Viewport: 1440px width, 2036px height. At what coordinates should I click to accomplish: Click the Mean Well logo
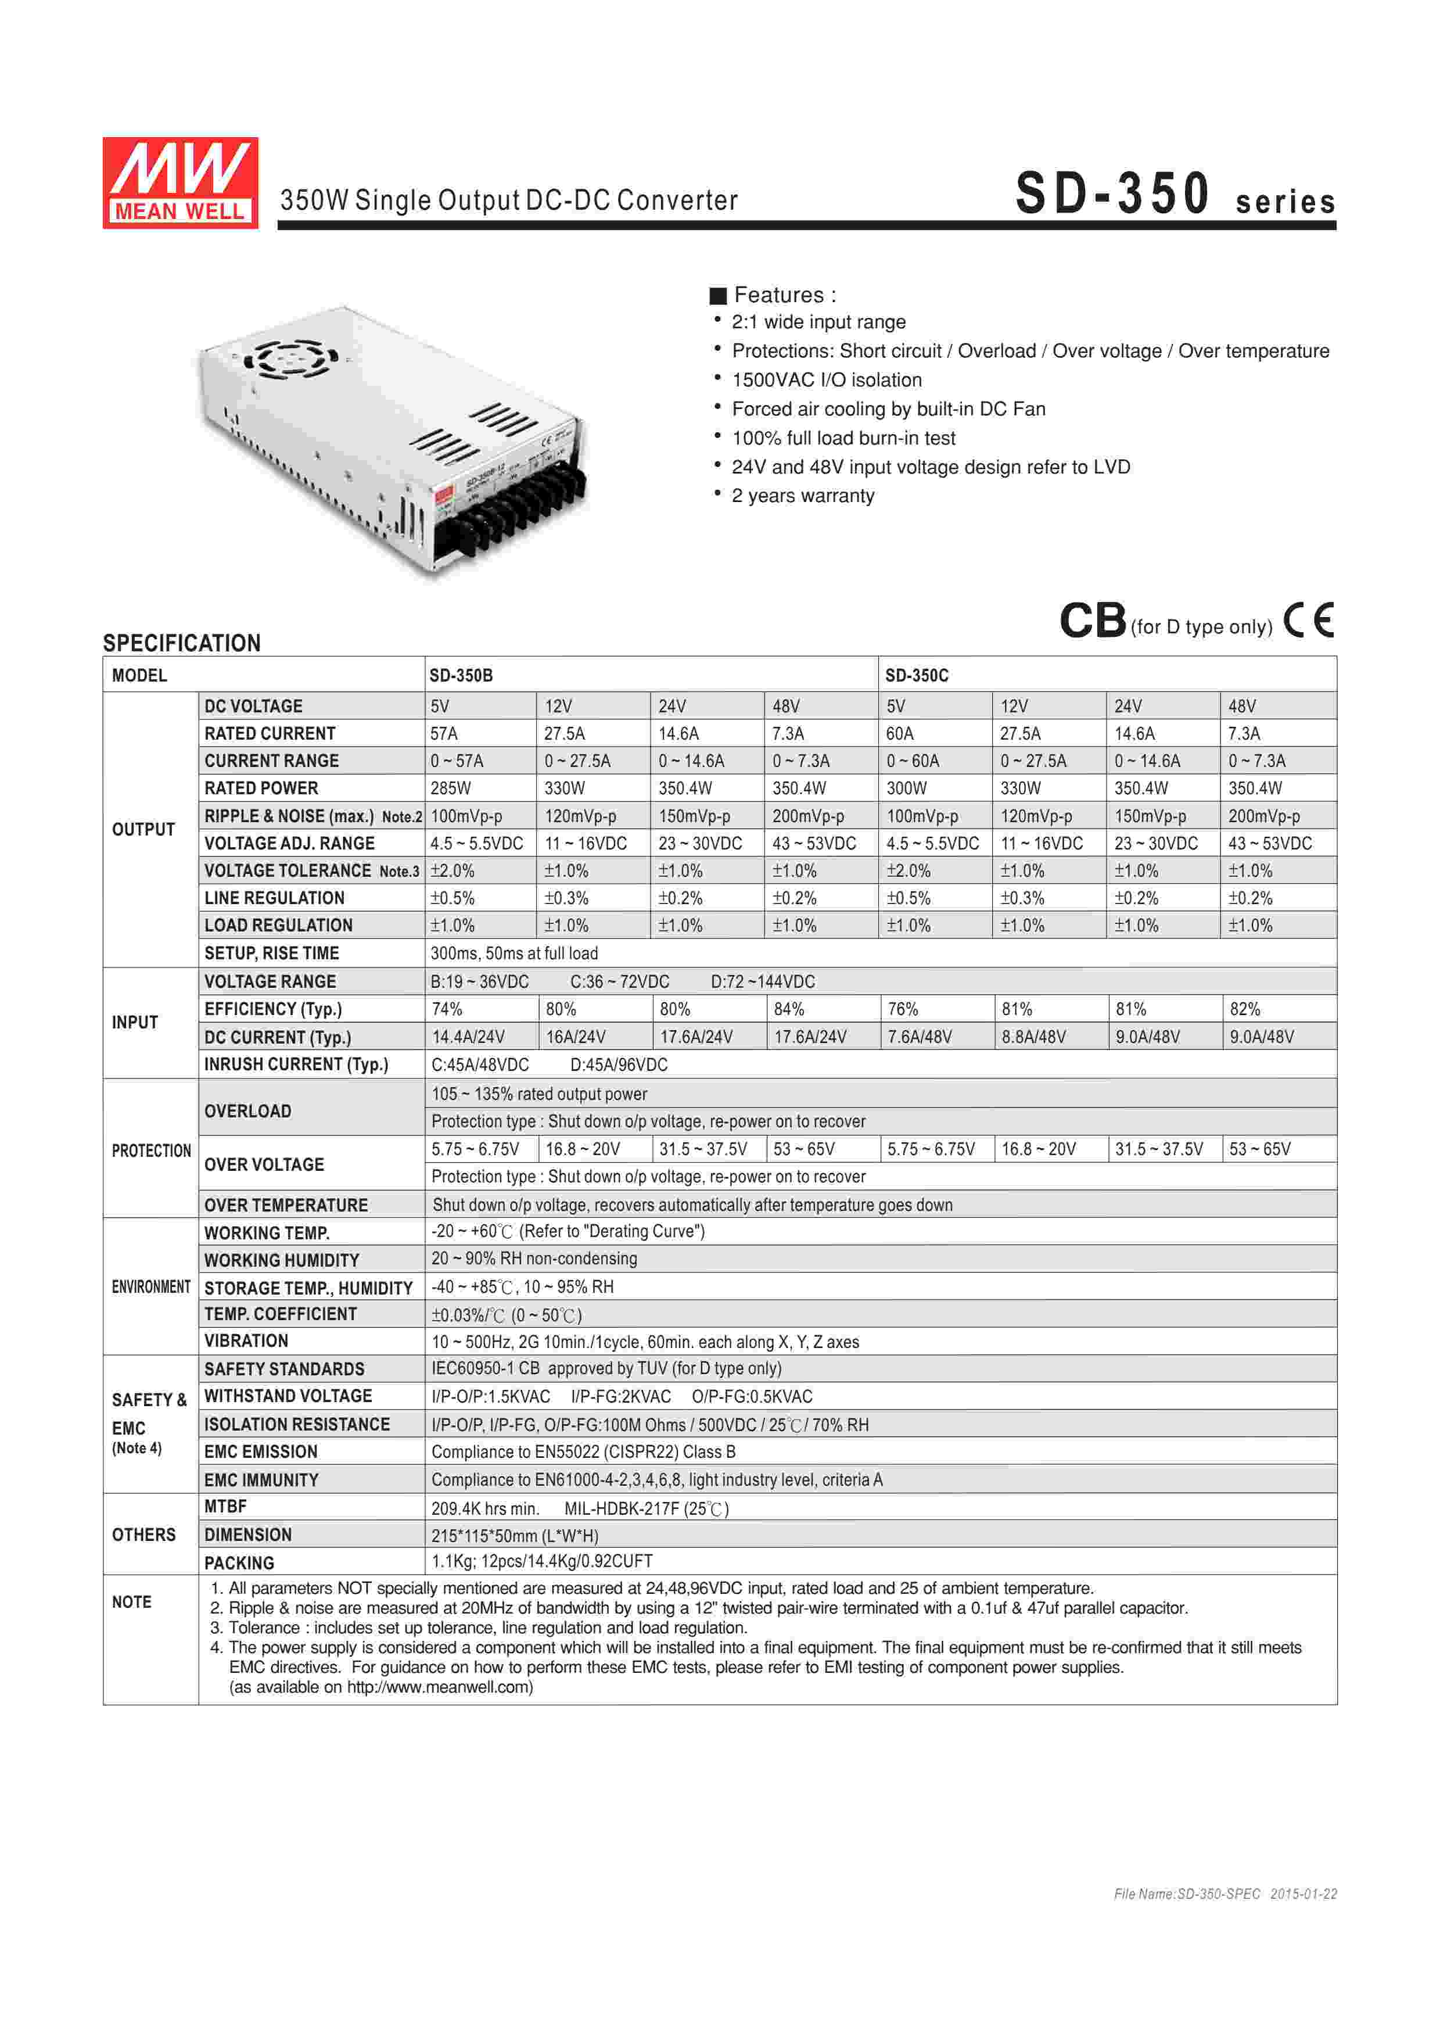[180, 182]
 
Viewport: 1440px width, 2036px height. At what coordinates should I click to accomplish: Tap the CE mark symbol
[1309, 620]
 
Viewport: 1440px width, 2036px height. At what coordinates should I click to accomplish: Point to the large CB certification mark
[1093, 621]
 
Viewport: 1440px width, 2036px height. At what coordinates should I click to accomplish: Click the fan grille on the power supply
[290, 359]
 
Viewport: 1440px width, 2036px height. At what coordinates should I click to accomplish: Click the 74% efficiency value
[447, 1009]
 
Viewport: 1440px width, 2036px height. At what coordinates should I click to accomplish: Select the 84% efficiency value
[788, 1009]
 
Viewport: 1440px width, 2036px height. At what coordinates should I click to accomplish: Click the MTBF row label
[225, 1507]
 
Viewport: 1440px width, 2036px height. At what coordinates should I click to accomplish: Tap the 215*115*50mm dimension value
[514, 1536]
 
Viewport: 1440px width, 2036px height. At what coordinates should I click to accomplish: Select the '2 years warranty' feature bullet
[802, 496]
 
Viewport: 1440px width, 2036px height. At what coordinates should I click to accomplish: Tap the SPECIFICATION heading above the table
[182, 643]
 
